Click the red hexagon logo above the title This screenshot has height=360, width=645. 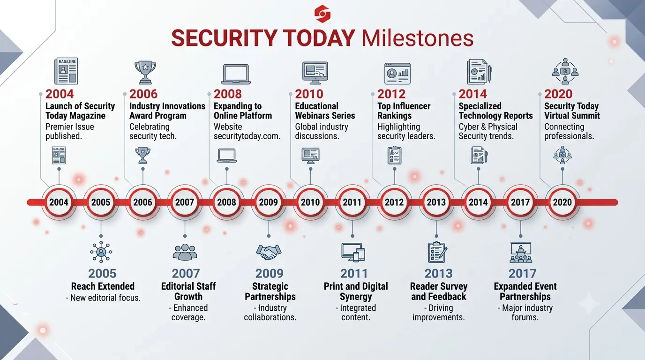(x=322, y=14)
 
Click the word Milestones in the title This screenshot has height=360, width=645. (x=418, y=38)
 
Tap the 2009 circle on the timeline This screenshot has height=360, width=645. (x=269, y=202)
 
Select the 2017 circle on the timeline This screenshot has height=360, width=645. (x=520, y=202)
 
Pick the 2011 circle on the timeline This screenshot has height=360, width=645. (x=352, y=202)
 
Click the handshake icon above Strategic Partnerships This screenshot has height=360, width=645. (x=269, y=252)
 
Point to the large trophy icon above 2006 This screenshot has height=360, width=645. (x=145, y=72)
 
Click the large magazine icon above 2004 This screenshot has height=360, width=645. (x=66, y=71)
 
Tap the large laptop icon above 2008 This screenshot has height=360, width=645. (x=236, y=74)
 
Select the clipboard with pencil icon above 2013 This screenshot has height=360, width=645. (x=437, y=252)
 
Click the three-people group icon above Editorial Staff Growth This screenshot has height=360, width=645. (x=185, y=252)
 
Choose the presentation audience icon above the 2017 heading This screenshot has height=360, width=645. (x=521, y=252)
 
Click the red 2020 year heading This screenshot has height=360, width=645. (x=558, y=94)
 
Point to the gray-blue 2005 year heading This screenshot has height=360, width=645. (x=102, y=273)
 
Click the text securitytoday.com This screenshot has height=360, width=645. (x=247, y=136)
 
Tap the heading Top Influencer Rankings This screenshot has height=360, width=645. (x=404, y=111)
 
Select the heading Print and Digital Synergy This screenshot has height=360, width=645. (x=356, y=291)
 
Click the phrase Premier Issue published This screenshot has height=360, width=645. (x=70, y=131)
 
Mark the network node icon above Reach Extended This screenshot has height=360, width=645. (x=101, y=252)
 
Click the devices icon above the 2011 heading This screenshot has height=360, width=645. (x=353, y=252)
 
